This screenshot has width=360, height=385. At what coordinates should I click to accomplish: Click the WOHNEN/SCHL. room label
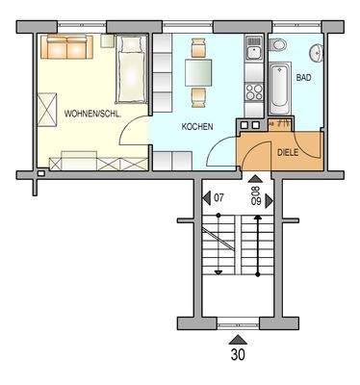point(92,114)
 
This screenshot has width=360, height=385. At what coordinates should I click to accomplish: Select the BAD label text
point(304,76)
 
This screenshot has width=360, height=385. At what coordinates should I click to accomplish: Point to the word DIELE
point(288,152)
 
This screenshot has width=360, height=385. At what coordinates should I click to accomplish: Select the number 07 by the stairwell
point(220,198)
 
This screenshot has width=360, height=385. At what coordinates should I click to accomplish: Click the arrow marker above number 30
point(237,338)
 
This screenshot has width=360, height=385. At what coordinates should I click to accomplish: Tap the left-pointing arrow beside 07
point(207,198)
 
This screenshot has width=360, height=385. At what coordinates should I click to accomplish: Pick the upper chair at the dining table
point(198,47)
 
